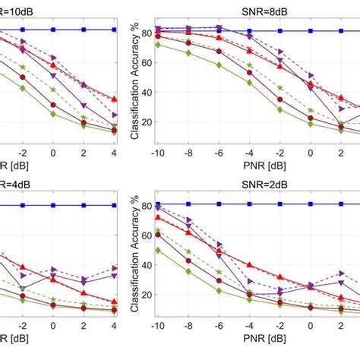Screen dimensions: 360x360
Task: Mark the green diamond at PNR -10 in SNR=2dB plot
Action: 157,250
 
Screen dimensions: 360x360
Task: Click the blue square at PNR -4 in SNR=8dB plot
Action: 250,30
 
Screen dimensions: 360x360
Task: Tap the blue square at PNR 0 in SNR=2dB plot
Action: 311,205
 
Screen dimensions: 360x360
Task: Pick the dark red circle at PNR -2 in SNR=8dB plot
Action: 280,99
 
